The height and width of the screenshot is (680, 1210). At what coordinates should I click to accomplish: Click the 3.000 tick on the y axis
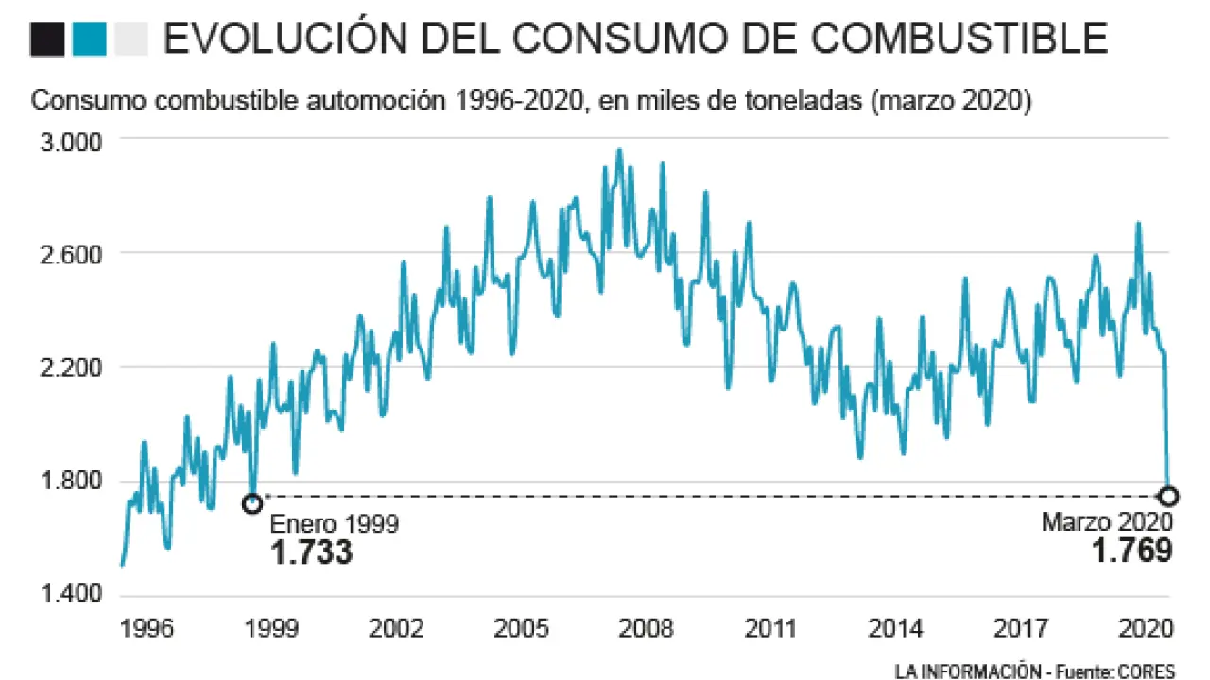[x=70, y=142]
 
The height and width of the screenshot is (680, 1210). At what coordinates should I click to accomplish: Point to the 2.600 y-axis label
[x=70, y=255]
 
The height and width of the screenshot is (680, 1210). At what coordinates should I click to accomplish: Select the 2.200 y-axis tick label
[x=70, y=368]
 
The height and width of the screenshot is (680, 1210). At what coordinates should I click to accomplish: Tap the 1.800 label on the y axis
[x=70, y=482]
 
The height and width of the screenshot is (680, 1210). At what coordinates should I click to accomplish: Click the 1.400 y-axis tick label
[x=70, y=595]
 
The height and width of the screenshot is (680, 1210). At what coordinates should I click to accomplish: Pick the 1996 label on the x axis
[x=147, y=628]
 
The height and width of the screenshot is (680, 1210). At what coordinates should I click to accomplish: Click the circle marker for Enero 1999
[x=252, y=503]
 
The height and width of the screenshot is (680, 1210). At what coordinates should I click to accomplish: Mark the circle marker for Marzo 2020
[x=1168, y=496]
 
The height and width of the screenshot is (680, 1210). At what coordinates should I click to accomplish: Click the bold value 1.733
[x=311, y=552]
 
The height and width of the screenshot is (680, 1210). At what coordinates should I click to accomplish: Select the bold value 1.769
[x=1132, y=550]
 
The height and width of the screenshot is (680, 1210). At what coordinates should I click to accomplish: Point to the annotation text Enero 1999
[x=335, y=525]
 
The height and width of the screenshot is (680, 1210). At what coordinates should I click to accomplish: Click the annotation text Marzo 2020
[x=1108, y=521]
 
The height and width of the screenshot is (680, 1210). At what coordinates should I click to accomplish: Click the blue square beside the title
[x=89, y=39]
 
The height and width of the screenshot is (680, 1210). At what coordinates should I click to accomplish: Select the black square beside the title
[x=47, y=39]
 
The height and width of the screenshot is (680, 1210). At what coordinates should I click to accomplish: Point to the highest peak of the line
[x=620, y=149]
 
